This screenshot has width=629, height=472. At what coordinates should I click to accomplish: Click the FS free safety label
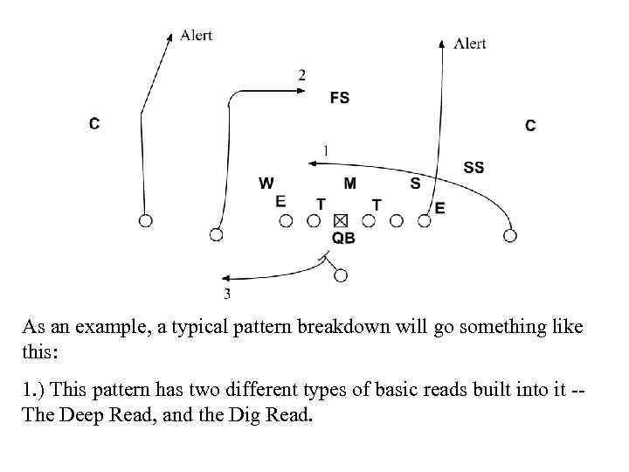pyautogui.click(x=340, y=98)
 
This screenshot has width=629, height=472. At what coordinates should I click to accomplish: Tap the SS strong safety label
pyautogui.click(x=473, y=167)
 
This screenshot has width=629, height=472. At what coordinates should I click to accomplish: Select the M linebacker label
pyautogui.click(x=349, y=184)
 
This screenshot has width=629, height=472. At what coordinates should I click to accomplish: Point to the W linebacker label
pyautogui.click(x=266, y=184)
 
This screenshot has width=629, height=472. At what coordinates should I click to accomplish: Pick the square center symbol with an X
pyautogui.click(x=341, y=220)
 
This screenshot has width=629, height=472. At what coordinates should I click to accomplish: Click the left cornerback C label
pyautogui.click(x=93, y=124)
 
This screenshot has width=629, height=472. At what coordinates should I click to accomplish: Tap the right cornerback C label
pyautogui.click(x=530, y=126)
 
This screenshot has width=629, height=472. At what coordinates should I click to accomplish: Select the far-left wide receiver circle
pyautogui.click(x=146, y=220)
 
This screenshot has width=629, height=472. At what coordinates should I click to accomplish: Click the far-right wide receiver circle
pyautogui.click(x=510, y=235)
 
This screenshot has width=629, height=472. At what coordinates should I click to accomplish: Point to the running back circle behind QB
pyautogui.click(x=341, y=275)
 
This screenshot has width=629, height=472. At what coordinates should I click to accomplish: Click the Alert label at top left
pyautogui.click(x=196, y=35)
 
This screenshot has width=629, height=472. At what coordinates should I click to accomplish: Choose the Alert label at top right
pyautogui.click(x=470, y=43)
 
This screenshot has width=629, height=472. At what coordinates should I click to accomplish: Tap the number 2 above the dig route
pyautogui.click(x=301, y=75)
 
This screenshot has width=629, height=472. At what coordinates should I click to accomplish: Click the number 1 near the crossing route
pyautogui.click(x=326, y=150)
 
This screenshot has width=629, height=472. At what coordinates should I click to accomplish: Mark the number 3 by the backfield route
pyautogui.click(x=227, y=293)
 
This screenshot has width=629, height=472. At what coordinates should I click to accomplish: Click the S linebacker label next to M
pyautogui.click(x=415, y=184)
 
